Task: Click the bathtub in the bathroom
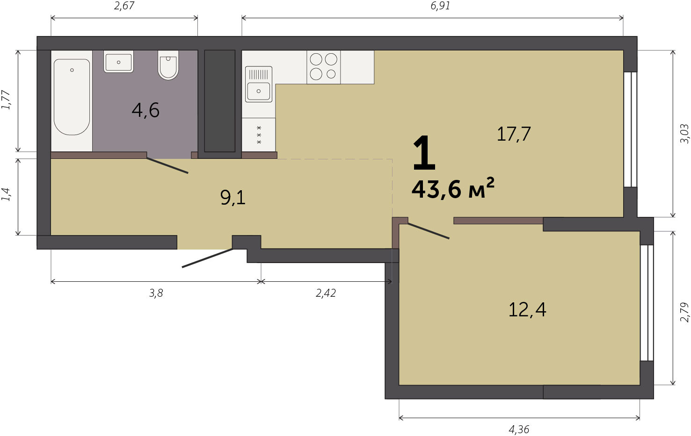(x=72, y=97)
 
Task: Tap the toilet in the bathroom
(x=168, y=65)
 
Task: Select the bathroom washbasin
(x=118, y=62)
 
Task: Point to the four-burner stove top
(x=324, y=67)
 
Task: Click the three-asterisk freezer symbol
(x=259, y=135)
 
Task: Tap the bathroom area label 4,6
(x=145, y=110)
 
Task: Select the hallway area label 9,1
(x=233, y=198)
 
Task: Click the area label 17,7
(x=514, y=134)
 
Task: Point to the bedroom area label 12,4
(x=527, y=310)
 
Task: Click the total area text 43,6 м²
(x=453, y=189)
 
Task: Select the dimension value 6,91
(x=440, y=6)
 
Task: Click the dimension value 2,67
(x=124, y=6)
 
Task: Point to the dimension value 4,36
(x=519, y=429)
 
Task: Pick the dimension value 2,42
(x=326, y=293)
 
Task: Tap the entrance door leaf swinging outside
(x=207, y=258)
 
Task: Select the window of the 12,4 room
(x=647, y=303)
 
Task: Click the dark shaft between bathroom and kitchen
(x=219, y=101)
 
